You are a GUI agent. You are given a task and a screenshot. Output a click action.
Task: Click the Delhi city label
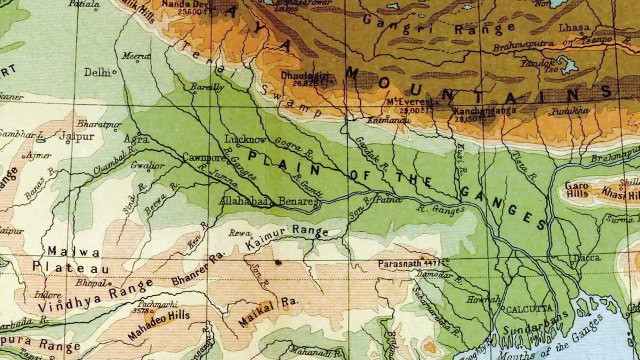(97, 72)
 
